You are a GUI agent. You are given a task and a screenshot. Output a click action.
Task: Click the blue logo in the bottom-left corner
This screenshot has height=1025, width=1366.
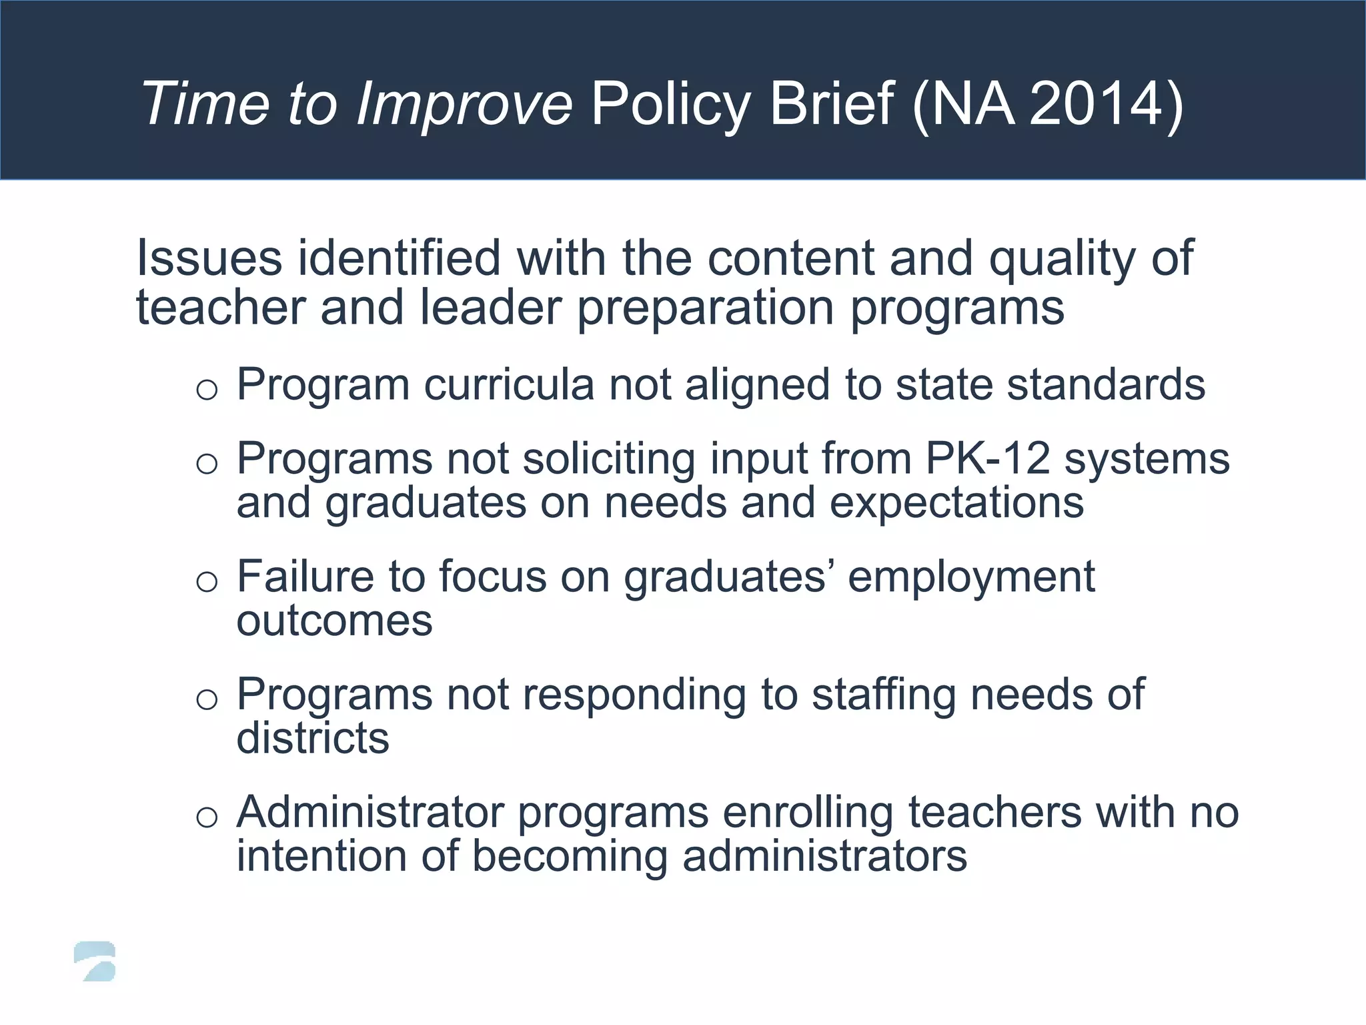[x=95, y=962]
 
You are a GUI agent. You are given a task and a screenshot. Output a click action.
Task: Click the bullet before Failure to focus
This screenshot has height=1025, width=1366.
[x=207, y=581]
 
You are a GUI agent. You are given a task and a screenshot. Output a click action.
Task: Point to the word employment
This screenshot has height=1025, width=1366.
[x=971, y=577]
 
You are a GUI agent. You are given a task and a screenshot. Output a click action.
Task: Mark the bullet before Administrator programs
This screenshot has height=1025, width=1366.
[x=207, y=817]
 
